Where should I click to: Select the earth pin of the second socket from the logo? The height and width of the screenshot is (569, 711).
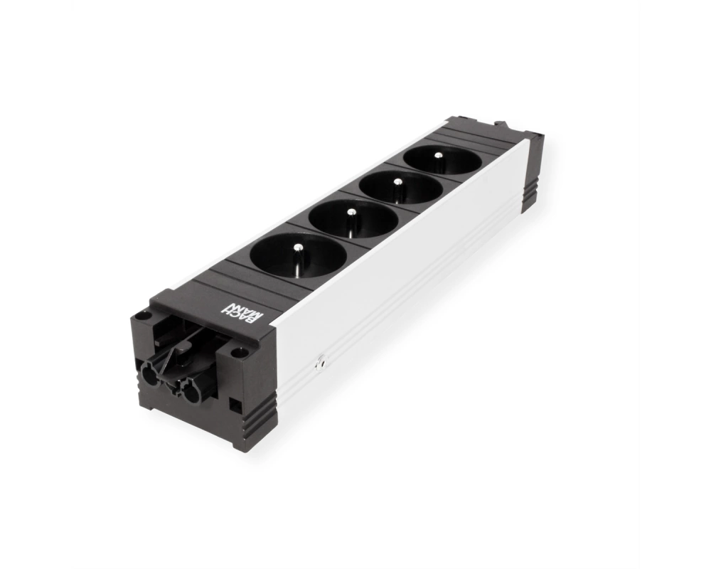pos(351,223)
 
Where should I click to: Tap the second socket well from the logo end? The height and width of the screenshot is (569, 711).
pos(353,221)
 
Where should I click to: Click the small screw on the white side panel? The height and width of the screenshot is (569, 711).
pos(321,363)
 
